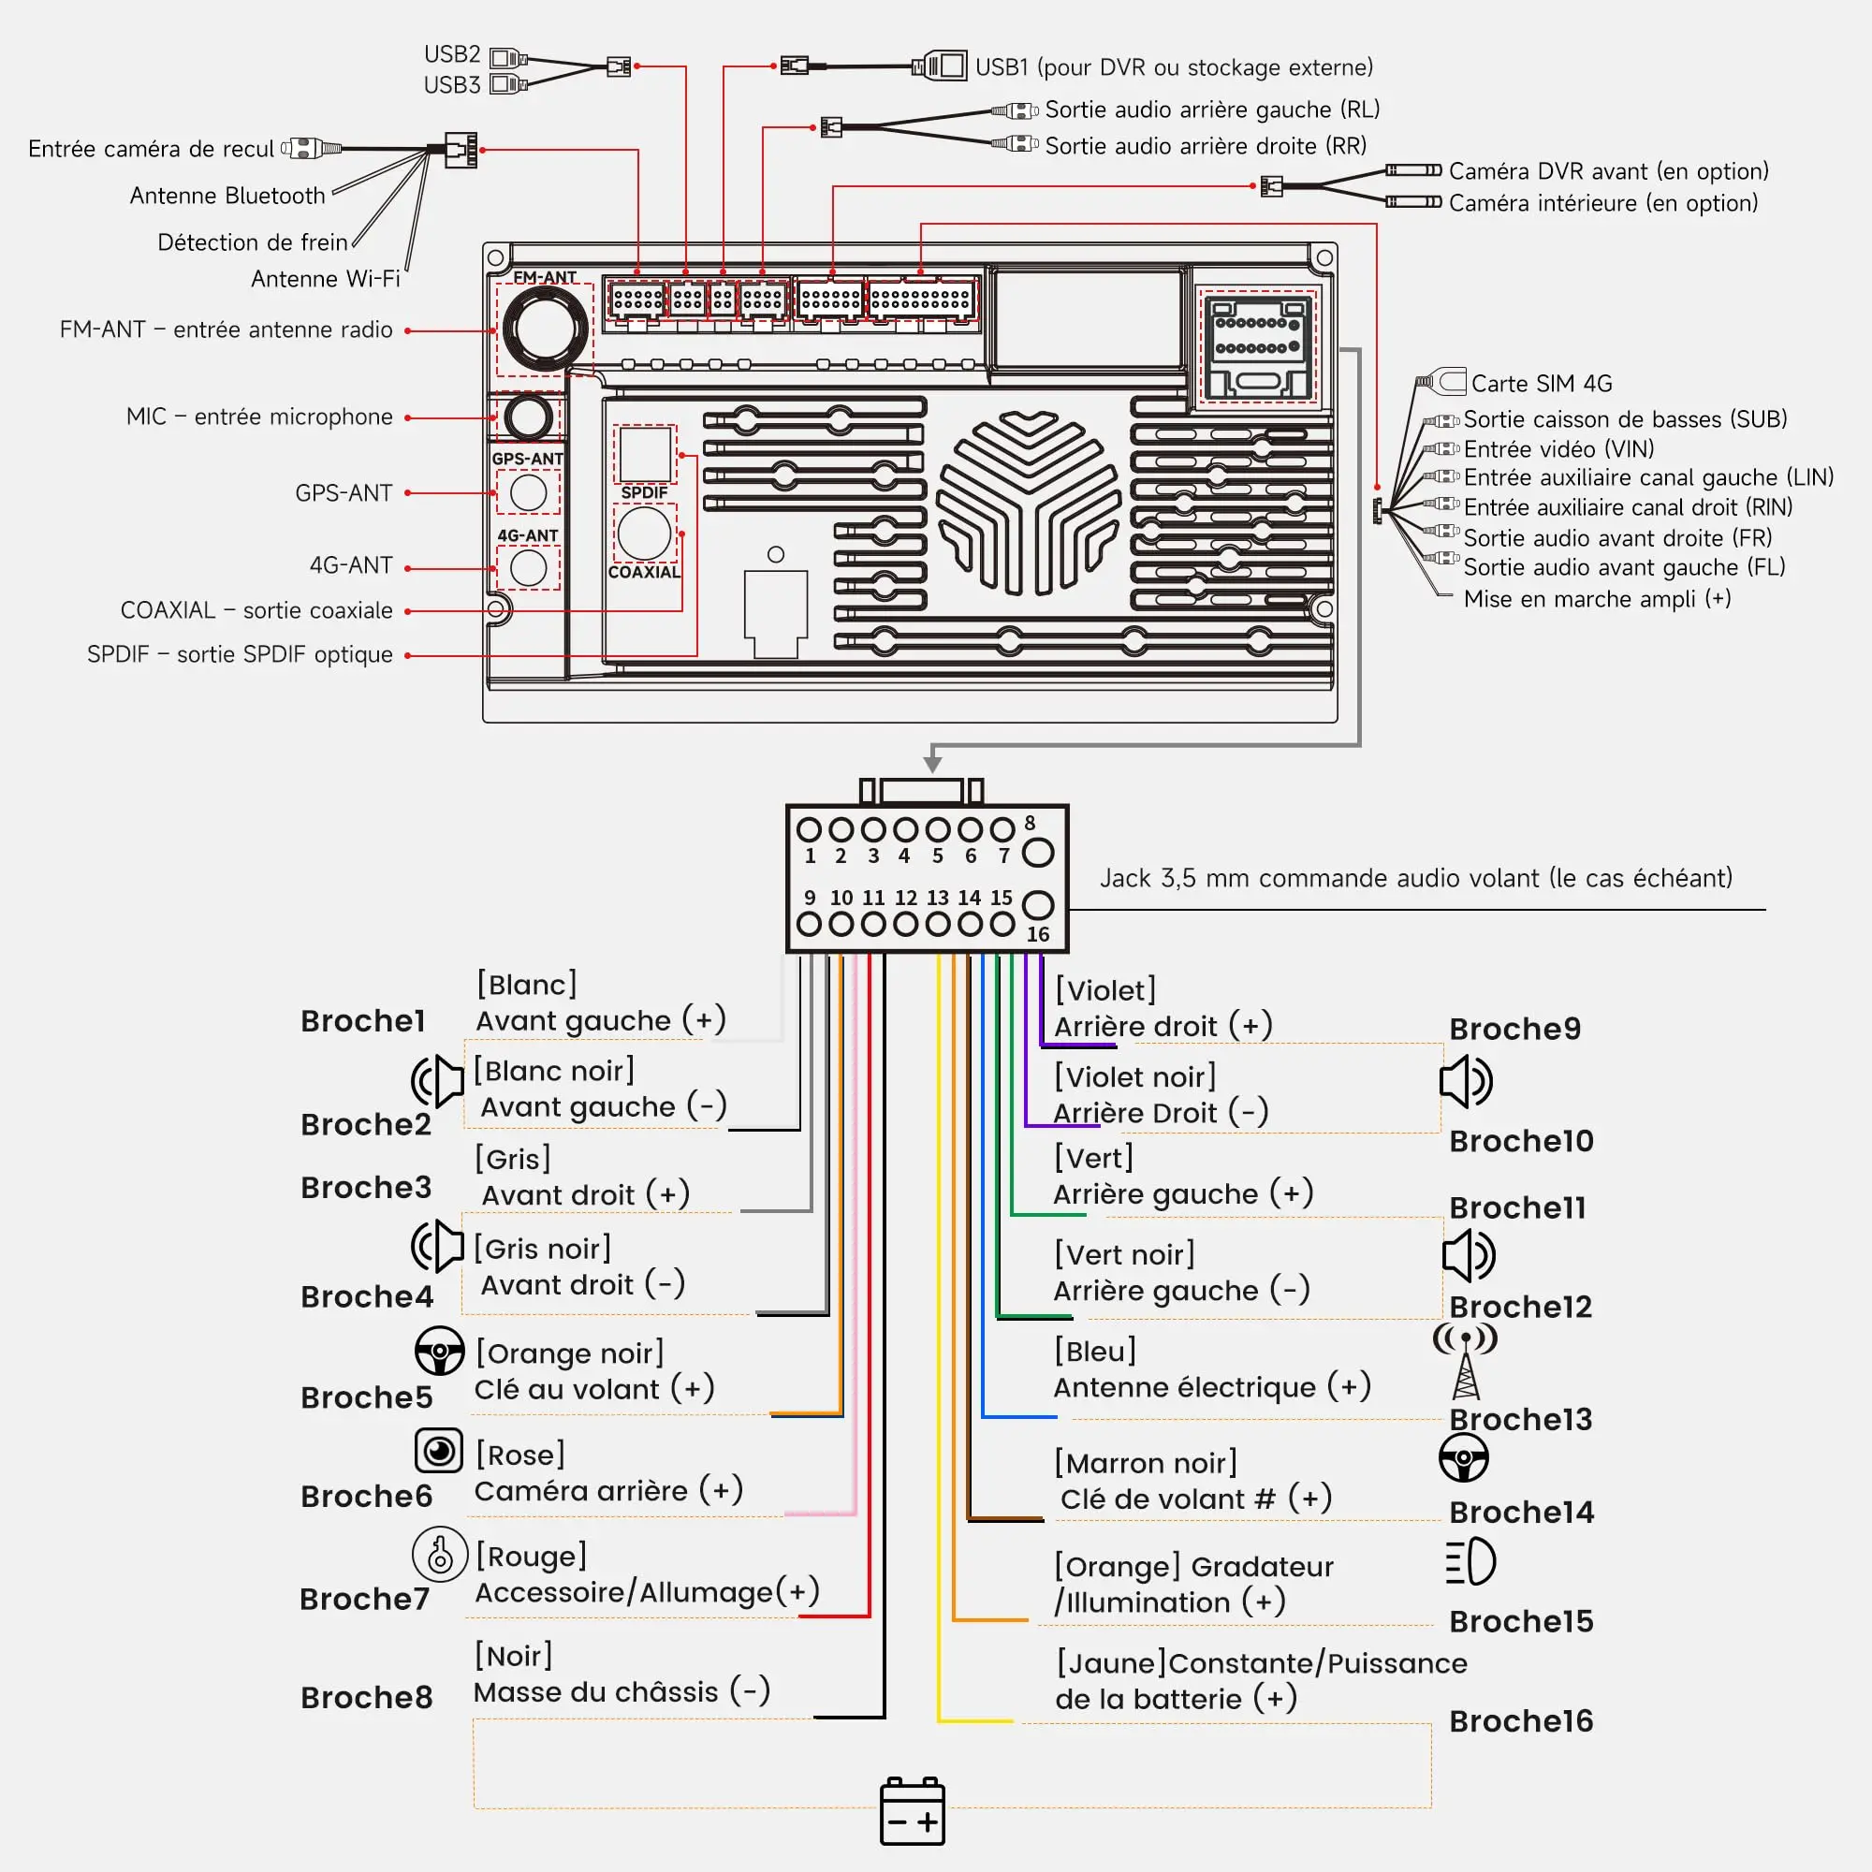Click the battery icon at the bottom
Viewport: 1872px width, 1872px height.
[912, 1811]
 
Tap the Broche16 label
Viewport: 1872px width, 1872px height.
[1520, 1721]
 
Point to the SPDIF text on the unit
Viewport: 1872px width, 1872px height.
[644, 492]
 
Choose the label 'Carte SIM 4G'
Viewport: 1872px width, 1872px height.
[1542, 384]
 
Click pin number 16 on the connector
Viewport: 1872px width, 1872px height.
[1038, 934]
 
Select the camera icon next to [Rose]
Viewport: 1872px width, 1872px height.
[438, 1451]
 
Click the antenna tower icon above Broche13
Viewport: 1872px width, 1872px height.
[1466, 1361]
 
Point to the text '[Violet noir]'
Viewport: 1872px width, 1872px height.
[1134, 1076]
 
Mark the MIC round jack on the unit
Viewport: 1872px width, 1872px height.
[528, 417]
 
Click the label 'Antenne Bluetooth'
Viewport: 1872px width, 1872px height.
[227, 196]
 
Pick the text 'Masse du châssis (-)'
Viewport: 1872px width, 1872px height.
[622, 1691]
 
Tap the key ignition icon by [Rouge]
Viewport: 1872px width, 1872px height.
[440, 1554]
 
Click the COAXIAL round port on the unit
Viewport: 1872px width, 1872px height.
[644, 533]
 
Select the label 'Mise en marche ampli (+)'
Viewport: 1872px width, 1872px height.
[1597, 599]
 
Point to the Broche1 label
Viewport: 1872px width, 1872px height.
[362, 1020]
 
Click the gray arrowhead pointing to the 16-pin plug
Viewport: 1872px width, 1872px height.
[932, 764]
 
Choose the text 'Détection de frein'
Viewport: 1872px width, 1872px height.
[253, 242]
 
